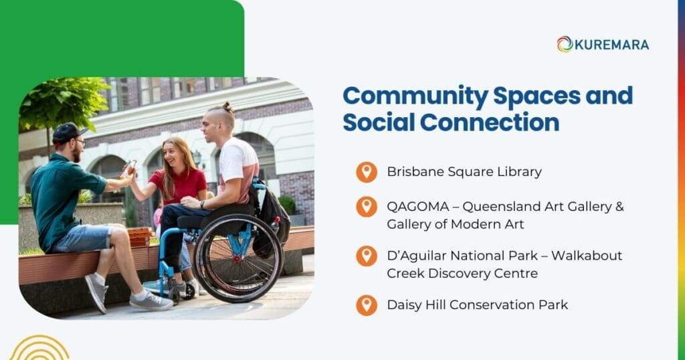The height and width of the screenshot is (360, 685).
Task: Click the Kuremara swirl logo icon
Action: [x=565, y=44]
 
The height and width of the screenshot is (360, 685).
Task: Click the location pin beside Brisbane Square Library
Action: [x=366, y=172]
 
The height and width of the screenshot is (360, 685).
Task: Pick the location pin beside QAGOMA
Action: [x=366, y=206]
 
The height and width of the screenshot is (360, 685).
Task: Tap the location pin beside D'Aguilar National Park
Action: [x=366, y=256]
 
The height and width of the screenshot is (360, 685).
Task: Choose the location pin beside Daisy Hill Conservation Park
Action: [x=366, y=305]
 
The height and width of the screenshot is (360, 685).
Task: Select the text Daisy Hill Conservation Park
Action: [x=477, y=305]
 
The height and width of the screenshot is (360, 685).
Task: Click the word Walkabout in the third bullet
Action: [x=588, y=256]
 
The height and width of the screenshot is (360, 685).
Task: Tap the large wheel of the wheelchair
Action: [x=238, y=258]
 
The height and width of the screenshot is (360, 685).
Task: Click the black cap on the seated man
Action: [x=66, y=131]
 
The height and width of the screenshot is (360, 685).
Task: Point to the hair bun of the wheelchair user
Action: [x=227, y=106]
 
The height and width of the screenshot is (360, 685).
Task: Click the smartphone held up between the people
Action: [x=129, y=167]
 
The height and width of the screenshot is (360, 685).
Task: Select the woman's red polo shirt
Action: [x=180, y=185]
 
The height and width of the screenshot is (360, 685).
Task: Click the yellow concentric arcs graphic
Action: [x=39, y=349]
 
